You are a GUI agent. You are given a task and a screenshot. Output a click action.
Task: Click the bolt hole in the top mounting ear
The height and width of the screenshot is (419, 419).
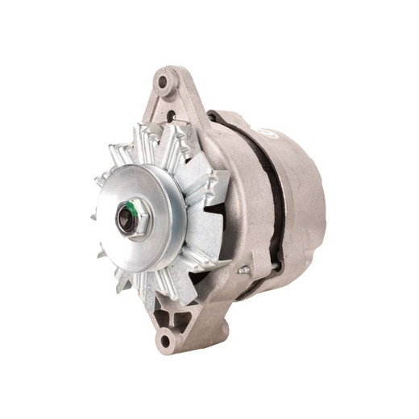pyautogui.click(x=165, y=81)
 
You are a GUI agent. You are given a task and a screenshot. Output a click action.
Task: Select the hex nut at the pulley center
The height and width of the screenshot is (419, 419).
pyautogui.click(x=131, y=218)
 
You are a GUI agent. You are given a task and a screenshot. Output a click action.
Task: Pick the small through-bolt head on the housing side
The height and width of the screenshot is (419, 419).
pyautogui.click(x=242, y=270)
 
